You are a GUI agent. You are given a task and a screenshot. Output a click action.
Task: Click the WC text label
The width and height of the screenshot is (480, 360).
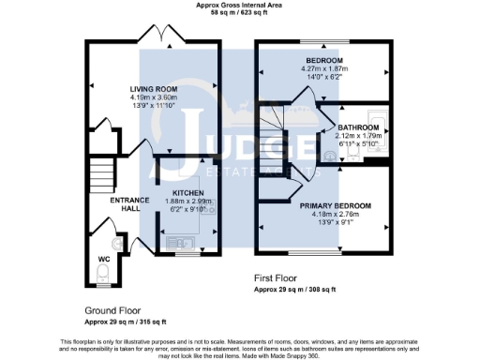(x=104, y=260)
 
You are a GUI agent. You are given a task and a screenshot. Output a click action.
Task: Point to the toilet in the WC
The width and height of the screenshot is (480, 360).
(x=104, y=274)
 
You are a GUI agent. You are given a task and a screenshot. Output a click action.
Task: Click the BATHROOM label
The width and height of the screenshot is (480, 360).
(x=360, y=127)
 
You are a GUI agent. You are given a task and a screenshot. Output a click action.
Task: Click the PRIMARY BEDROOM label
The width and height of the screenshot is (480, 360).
(x=336, y=205)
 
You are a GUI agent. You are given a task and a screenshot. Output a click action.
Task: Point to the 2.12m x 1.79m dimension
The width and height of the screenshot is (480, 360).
(x=360, y=136)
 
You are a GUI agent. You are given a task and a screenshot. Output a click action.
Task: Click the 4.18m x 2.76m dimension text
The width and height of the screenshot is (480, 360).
(x=336, y=214)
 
